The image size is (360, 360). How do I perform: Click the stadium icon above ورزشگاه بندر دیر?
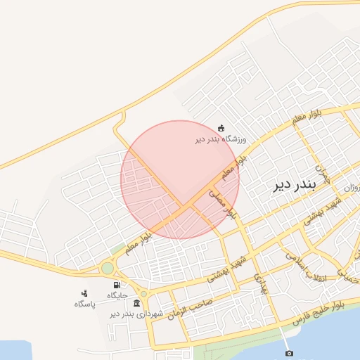(222, 128)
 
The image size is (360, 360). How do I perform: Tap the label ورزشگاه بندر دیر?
(221, 139)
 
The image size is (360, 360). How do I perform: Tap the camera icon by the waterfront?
(288, 353)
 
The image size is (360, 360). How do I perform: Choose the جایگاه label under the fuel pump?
(117, 295)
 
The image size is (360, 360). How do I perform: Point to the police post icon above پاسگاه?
(84, 293)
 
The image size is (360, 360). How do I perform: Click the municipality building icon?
(136, 303)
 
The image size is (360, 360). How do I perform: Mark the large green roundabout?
(107, 268)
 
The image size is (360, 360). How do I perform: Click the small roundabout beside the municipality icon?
(143, 294)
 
